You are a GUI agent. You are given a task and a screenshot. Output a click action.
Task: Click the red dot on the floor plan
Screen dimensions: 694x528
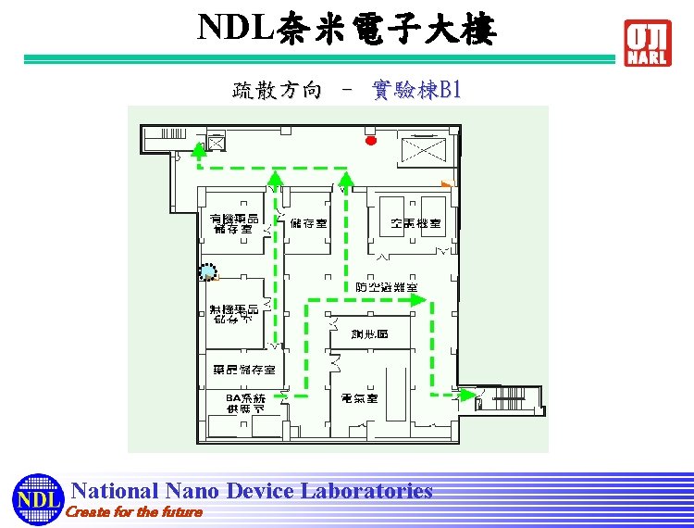pyautogui.click(x=371, y=141)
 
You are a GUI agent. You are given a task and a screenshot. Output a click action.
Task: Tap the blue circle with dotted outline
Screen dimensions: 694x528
pyautogui.click(x=208, y=271)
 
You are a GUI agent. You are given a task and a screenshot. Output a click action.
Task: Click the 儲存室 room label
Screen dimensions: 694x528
pyautogui.click(x=308, y=223)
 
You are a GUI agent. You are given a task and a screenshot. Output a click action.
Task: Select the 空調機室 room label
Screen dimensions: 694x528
pyautogui.click(x=415, y=223)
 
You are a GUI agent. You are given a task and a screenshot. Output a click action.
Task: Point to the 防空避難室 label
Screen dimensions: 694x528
pyautogui.click(x=387, y=287)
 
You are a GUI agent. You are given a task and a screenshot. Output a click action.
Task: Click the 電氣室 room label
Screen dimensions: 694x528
pyautogui.click(x=359, y=397)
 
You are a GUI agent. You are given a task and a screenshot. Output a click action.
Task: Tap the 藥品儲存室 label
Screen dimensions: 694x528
pyautogui.click(x=239, y=370)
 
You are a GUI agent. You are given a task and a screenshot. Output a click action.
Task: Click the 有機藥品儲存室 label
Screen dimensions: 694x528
pyautogui.click(x=234, y=223)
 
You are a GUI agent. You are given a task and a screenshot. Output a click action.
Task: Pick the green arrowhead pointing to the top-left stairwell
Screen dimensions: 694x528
pyautogui.click(x=198, y=151)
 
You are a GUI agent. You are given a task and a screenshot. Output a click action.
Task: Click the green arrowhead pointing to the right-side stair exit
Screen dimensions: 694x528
pyautogui.click(x=469, y=395)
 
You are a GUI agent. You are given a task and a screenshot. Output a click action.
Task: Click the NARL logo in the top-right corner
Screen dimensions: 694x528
pyautogui.click(x=648, y=43)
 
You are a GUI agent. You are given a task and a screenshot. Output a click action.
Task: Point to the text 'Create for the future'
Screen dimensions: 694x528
pyautogui.click(x=135, y=512)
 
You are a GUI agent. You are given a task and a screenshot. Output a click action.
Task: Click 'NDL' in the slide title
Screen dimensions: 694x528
pyautogui.click(x=236, y=29)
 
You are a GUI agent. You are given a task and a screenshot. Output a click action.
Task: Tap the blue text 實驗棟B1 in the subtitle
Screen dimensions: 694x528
pyautogui.click(x=415, y=90)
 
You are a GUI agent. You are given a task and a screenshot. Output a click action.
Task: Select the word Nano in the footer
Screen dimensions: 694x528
pyautogui.click(x=192, y=491)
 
